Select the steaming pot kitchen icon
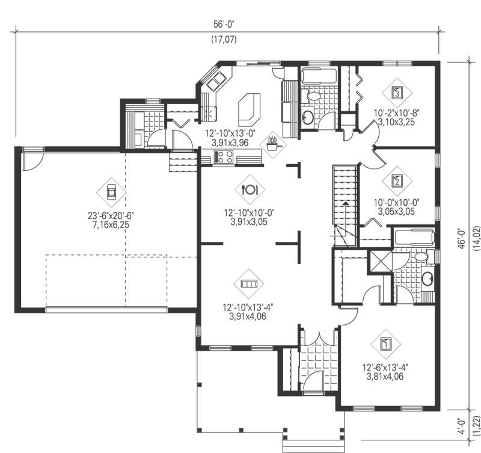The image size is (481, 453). click(274, 144)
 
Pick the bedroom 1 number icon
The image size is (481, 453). click(387, 344)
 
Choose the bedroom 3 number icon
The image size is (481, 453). click(397, 93)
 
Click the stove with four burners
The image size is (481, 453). click(224, 157)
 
